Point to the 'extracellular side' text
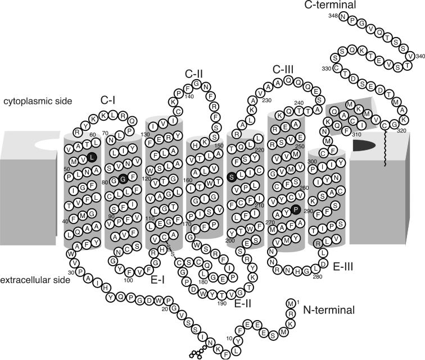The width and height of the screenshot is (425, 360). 35,279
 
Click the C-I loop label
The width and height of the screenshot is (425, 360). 109,101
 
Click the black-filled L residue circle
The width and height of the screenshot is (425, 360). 92,158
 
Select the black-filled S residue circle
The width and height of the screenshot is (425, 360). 231,177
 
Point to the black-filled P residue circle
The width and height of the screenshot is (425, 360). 296,209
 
